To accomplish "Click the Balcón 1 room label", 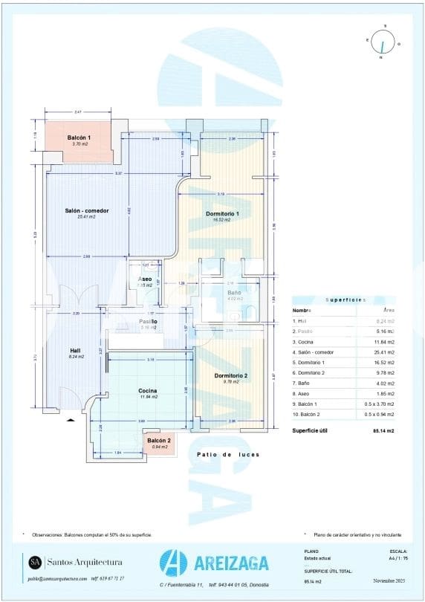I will pos(79,138).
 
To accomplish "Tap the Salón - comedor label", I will pos(87,211).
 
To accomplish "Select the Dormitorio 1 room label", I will pos(221,214).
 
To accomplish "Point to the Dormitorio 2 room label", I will pos(230,376).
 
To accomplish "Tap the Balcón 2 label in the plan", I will pos(160,441).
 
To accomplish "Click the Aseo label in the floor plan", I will pos(145,279).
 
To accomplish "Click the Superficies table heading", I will pos(346,300).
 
